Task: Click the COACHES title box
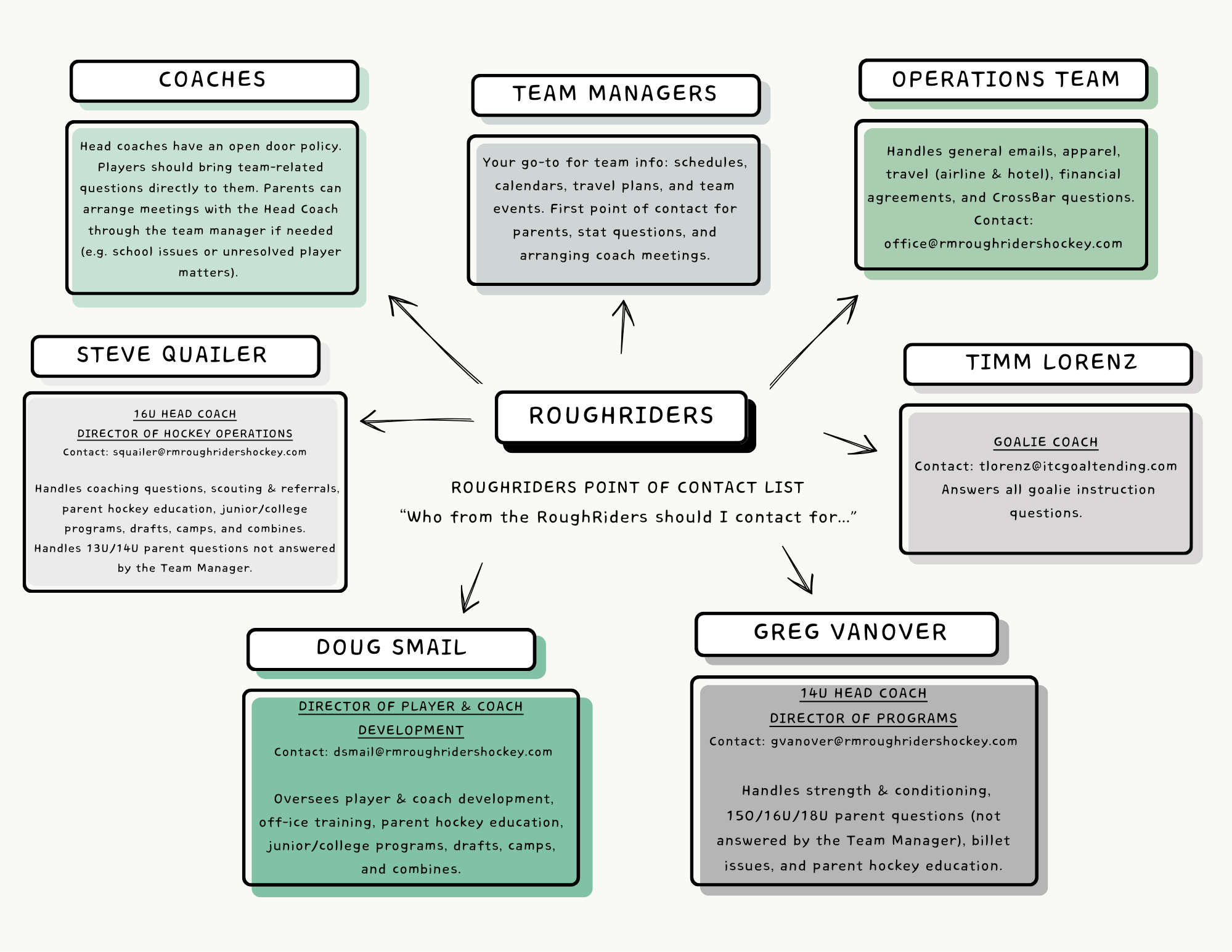pos(214,81)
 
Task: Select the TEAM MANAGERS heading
pos(615,94)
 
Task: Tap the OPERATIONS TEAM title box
pos(1003,80)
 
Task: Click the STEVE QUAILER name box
pos(176,356)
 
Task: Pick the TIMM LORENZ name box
pos(1048,364)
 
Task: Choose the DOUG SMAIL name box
pos(391,649)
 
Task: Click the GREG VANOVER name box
pos(847,634)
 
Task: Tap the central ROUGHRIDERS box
pos(621,417)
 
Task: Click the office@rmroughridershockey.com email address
pos(1003,244)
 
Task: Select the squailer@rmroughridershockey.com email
pos(210,452)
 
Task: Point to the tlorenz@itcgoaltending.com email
pos(1078,466)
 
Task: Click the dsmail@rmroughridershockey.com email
pos(443,752)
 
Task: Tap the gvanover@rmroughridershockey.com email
pos(894,741)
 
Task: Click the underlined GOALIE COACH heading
pos(1046,442)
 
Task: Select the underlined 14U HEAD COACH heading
pos(863,694)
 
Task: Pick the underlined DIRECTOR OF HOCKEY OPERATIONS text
pos(185,434)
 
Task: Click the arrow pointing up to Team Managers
pos(623,327)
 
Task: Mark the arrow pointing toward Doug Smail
pos(473,587)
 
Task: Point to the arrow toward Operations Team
pos(814,342)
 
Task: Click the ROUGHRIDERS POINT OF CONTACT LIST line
pos(627,488)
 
